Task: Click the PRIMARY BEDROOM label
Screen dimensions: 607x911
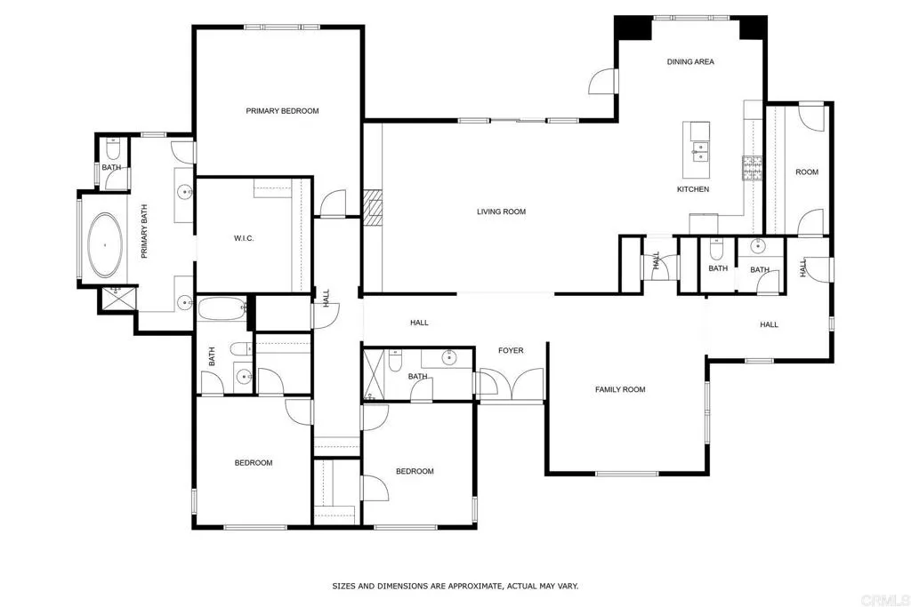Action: (x=282, y=111)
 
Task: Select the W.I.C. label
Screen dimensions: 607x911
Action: (x=244, y=238)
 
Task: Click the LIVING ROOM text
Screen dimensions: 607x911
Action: (x=501, y=212)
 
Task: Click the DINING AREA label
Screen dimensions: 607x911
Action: (x=690, y=62)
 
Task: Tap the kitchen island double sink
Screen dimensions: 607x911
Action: (x=700, y=152)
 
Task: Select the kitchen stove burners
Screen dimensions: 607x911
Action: (x=753, y=167)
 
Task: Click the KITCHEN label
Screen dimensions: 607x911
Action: (x=693, y=189)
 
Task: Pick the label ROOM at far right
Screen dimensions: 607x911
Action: (x=806, y=172)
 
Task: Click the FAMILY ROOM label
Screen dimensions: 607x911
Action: (x=620, y=389)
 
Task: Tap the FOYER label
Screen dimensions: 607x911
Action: (x=510, y=350)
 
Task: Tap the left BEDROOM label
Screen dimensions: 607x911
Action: (x=254, y=463)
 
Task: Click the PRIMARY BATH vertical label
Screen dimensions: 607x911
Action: (x=143, y=232)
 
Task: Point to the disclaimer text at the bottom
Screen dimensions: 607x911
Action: (x=455, y=587)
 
